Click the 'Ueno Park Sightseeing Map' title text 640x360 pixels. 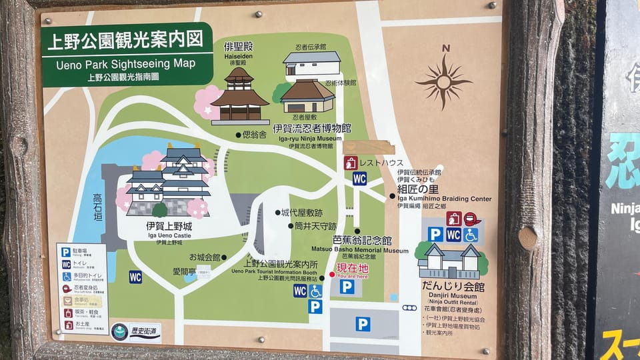pos(125,64)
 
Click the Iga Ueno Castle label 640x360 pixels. pos(169,227)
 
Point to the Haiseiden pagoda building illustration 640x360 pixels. pos(239,97)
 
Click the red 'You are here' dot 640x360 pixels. pos(332,275)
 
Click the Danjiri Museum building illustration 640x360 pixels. pos(449,261)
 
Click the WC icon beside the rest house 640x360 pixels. pos(359,178)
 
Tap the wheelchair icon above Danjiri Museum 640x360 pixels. pos(471,235)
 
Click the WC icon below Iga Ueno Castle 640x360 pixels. pos(135,277)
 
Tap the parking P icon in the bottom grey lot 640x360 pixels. pos(362,324)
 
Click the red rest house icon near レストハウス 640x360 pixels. pos(351,163)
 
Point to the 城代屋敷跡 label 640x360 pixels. pos(301,213)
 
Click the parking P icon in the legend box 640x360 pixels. pos(66,252)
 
